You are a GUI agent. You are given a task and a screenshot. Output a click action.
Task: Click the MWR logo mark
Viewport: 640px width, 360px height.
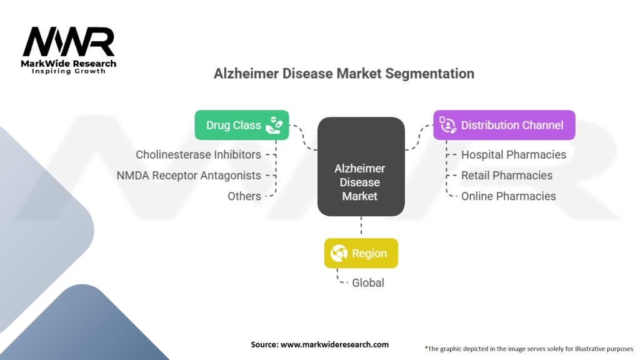click(69, 42)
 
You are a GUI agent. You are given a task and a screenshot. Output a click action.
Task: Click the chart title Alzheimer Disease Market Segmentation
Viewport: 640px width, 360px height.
click(344, 74)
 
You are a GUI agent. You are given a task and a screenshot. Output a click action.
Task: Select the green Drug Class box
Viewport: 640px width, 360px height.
click(242, 125)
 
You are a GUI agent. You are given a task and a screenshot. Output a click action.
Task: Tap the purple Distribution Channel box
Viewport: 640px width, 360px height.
click(504, 125)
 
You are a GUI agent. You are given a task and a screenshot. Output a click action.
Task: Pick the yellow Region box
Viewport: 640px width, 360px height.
click(361, 253)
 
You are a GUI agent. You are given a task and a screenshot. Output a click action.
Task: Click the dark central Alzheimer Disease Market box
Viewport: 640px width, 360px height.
click(361, 166)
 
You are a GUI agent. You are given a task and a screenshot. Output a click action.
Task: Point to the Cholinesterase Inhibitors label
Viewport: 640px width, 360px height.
click(198, 155)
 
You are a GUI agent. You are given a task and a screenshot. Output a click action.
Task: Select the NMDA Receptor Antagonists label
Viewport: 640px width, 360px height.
click(189, 176)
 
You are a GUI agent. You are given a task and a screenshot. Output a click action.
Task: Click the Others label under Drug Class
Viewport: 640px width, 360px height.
click(244, 196)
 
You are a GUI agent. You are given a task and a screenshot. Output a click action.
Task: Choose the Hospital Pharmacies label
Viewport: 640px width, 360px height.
click(514, 155)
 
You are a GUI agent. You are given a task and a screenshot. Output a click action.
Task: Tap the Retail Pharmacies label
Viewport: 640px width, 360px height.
click(506, 176)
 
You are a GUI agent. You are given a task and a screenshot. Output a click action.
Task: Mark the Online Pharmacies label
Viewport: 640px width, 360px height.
click(508, 196)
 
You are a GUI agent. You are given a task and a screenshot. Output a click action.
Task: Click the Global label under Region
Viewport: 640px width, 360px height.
click(367, 283)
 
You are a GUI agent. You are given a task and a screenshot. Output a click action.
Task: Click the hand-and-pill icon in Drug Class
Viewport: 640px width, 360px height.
click(274, 125)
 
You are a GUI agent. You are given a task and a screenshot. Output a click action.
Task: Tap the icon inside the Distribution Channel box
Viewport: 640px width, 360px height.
click(447, 125)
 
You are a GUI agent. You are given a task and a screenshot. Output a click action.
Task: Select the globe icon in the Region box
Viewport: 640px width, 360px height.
click(339, 253)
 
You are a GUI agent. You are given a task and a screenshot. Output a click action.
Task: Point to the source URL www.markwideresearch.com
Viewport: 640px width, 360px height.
click(334, 344)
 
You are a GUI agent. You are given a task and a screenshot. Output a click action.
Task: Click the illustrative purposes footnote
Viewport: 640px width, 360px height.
click(529, 349)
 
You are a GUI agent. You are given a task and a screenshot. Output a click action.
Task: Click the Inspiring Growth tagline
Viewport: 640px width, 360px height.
click(69, 71)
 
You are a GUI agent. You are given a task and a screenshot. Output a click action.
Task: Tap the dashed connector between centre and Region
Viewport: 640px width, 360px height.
click(361, 225)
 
